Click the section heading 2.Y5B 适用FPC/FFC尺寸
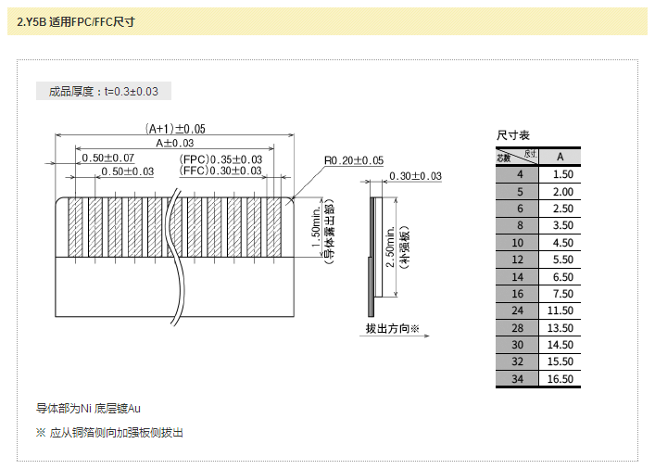click(x=76, y=21)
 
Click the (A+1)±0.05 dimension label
click(x=175, y=129)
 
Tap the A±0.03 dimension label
click(x=174, y=144)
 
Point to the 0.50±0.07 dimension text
click(x=108, y=158)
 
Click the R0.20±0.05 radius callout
click(x=353, y=160)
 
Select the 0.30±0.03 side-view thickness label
click(x=415, y=176)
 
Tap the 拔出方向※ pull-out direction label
click(x=393, y=329)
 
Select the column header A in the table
click(x=561, y=157)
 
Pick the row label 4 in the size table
click(x=520, y=174)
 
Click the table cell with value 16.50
click(x=561, y=378)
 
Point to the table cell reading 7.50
click(x=561, y=293)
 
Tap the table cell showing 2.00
click(x=561, y=191)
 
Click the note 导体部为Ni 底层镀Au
click(x=88, y=408)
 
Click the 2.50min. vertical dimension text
click(x=391, y=249)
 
